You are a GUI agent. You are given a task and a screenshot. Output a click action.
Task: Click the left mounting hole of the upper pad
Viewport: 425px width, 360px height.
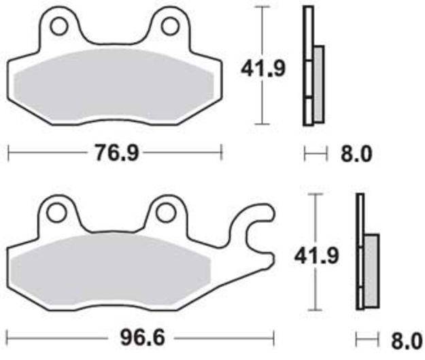pyautogui.click(x=58, y=26)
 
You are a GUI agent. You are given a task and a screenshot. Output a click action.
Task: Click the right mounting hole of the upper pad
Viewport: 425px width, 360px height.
pyautogui.click(x=170, y=26)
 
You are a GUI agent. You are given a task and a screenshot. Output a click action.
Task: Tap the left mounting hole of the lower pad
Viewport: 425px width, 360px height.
pyautogui.click(x=56, y=213)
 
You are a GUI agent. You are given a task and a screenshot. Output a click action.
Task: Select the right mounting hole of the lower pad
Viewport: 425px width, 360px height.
pyautogui.click(x=165, y=213)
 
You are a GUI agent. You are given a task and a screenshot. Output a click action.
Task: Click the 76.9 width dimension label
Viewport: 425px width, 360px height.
pyautogui.click(x=116, y=153)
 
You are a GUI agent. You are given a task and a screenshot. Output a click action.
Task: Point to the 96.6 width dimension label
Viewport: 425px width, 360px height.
pyautogui.click(x=143, y=338)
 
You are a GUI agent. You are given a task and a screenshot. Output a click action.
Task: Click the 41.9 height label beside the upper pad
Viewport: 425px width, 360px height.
pyautogui.click(x=263, y=69)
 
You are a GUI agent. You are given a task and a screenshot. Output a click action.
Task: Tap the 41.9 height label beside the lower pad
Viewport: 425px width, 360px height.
pyautogui.click(x=317, y=256)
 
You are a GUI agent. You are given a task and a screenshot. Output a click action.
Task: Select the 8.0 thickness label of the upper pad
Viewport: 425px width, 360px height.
pyautogui.click(x=356, y=155)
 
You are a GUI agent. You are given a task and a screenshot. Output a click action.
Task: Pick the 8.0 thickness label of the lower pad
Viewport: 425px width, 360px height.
pyautogui.click(x=407, y=341)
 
